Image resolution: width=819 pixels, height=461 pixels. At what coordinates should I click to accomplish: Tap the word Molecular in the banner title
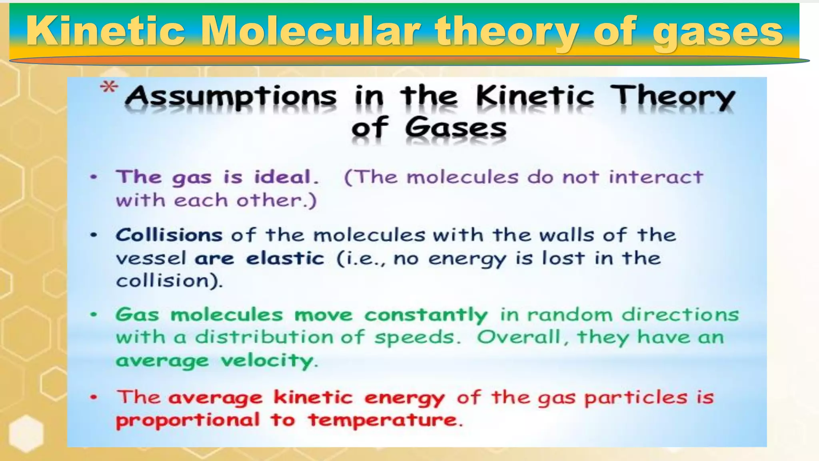[310, 31]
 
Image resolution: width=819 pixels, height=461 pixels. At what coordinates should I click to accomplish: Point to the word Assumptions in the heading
[231, 97]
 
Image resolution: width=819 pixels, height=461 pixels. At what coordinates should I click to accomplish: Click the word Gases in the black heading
[455, 128]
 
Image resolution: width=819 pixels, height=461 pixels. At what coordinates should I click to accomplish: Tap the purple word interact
[655, 177]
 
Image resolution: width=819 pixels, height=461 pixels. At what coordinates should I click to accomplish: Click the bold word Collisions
[169, 235]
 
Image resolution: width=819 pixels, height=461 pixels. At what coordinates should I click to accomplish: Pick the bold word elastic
[285, 258]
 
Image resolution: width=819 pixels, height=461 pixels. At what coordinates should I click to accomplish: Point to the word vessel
[151, 259]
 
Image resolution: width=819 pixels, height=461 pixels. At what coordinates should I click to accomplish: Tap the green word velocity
[267, 361]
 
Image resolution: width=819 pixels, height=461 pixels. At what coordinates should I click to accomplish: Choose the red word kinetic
[313, 398]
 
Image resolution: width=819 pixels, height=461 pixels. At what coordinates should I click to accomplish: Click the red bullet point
[94, 397]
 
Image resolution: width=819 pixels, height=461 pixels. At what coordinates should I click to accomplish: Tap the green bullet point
[94, 315]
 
